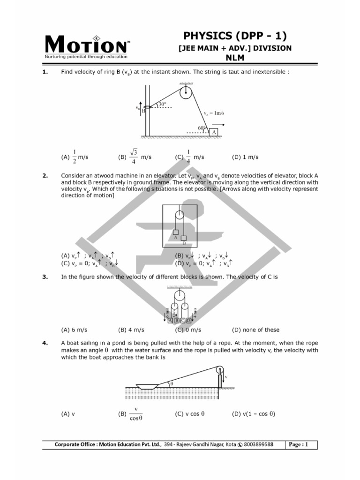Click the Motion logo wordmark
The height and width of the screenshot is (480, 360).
85,45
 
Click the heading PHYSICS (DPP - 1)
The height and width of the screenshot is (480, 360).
235,36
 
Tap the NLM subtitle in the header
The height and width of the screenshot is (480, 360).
235,58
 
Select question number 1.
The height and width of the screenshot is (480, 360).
45,72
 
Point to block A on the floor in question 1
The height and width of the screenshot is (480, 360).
215,132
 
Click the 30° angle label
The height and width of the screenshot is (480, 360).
163,104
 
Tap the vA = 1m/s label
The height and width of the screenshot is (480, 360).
214,113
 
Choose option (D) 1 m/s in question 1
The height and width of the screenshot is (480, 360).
245,157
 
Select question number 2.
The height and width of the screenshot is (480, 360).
45,175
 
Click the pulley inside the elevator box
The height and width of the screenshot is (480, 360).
179,215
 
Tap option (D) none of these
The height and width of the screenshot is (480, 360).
255,330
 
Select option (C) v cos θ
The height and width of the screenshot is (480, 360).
190,414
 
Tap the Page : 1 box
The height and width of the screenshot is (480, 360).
301,444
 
